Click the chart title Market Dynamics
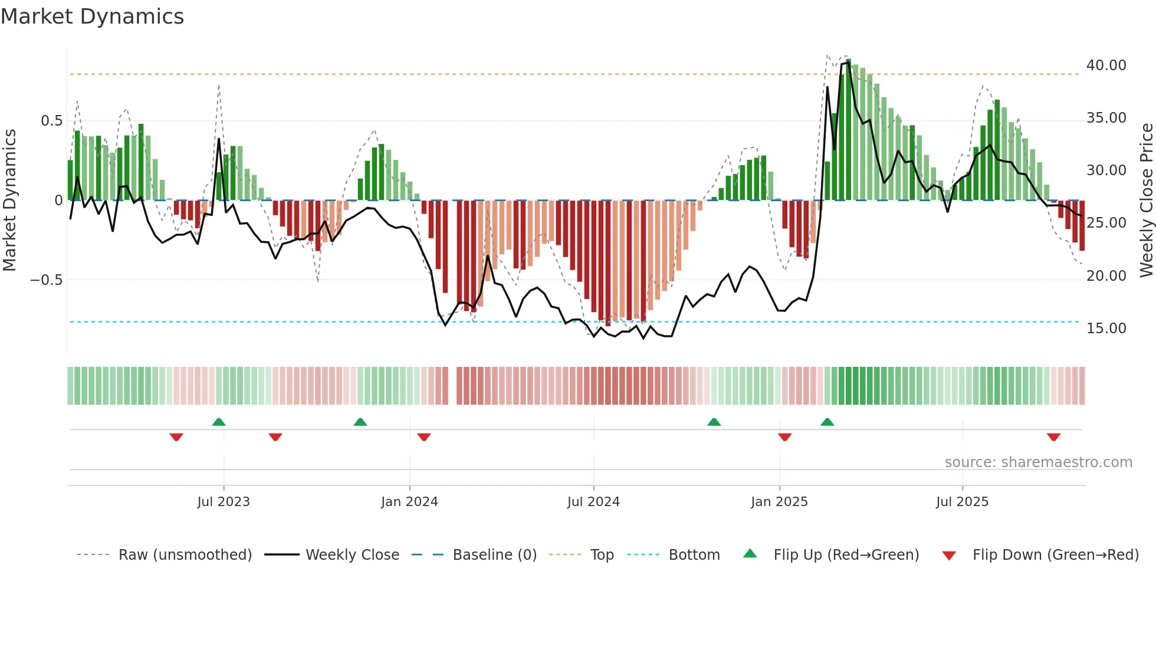[x=93, y=17]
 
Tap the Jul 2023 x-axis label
[x=224, y=502]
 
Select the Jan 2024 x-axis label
[x=409, y=502]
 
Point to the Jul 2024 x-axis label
[x=593, y=502]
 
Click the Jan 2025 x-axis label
[x=779, y=502]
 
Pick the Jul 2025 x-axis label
[x=962, y=502]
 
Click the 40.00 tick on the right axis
[x=1106, y=65]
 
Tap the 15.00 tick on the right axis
[x=1106, y=329]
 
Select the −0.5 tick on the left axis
[x=47, y=280]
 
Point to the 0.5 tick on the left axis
[x=51, y=121]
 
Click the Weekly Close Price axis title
[x=1146, y=200]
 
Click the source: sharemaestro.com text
[x=1038, y=462]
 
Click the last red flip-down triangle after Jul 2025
[x=1053, y=437]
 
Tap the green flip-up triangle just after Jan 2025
[x=827, y=422]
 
